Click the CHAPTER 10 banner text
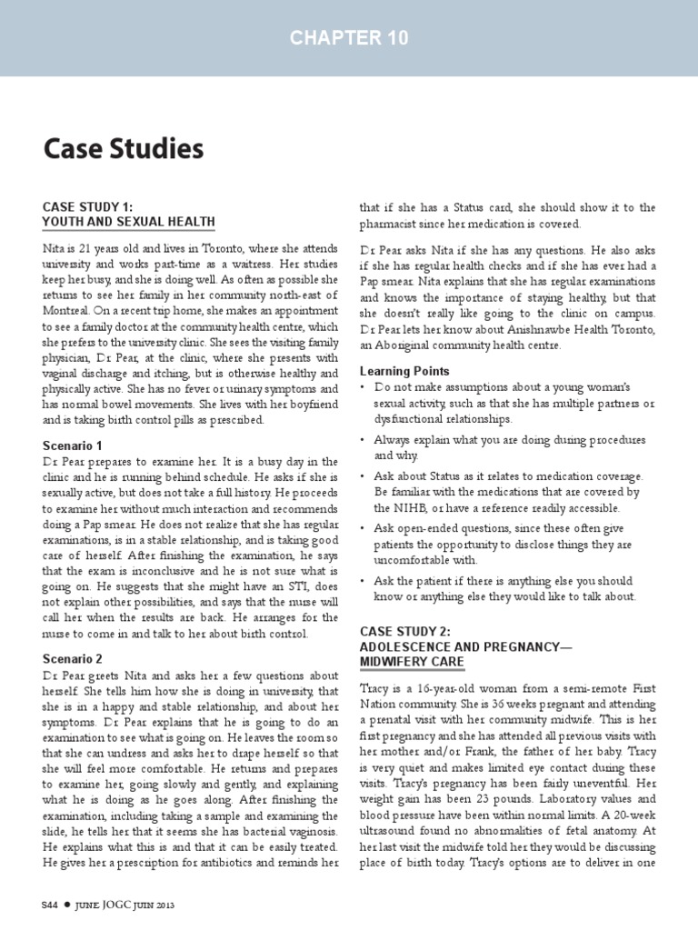pyautogui.click(x=349, y=37)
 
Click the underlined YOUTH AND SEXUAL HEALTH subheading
pyautogui.click(x=129, y=221)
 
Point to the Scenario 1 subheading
pyautogui.click(x=74, y=445)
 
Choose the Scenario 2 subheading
pyautogui.click(x=74, y=658)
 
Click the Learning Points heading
pyautogui.click(x=404, y=371)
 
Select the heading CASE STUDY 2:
pyautogui.click(x=406, y=630)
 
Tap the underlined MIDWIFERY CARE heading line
pyautogui.click(x=412, y=661)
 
